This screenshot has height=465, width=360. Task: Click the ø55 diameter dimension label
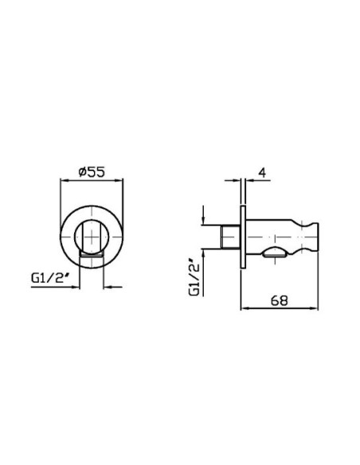point(92,172)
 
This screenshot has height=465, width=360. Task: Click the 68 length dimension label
point(280,300)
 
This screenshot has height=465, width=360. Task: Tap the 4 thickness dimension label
point(262,173)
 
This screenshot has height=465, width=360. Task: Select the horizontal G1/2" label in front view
point(48,278)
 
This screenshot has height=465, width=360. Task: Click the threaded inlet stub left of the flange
point(231,237)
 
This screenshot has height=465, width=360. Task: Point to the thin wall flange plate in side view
point(243,237)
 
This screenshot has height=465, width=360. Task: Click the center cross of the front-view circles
point(92,237)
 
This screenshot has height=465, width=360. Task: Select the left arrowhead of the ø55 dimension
point(64,180)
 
